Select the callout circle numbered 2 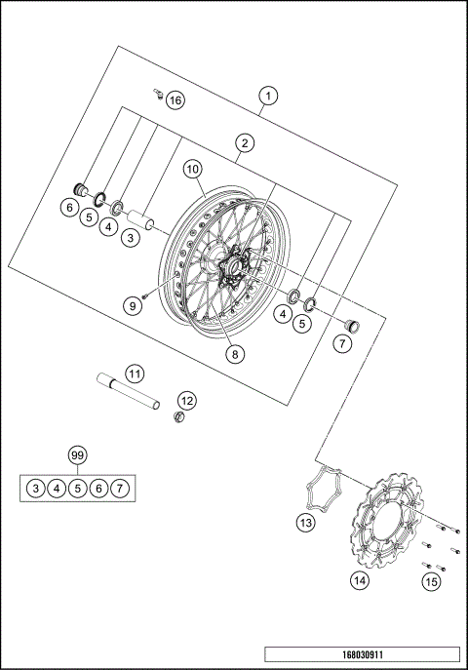pos(245,143)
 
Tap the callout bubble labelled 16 pos(175,100)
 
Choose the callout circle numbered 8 pos(234,355)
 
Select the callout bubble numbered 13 pos(306,523)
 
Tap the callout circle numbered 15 pos(430,581)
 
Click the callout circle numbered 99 pos(77,455)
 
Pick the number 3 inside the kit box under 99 pos(34,487)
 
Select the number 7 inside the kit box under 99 pos(120,487)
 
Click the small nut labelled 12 pos(179,418)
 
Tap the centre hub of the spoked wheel pos(234,268)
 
